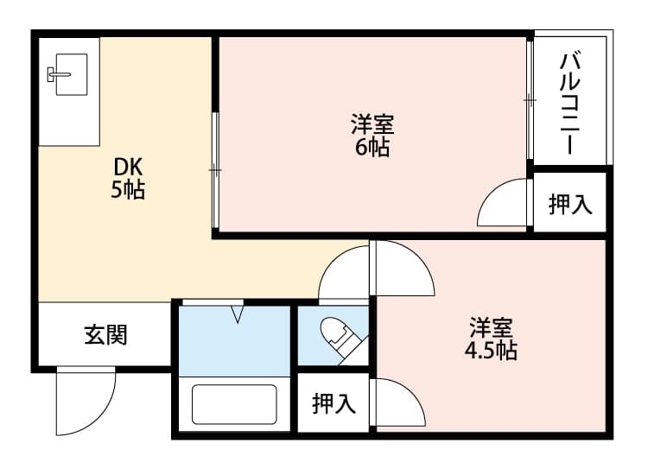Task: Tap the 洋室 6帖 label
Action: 372,136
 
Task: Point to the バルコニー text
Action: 571,104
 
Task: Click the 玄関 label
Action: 105,334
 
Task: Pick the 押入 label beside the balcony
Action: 570,204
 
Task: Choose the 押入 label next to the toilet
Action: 334,402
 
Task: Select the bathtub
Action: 233,404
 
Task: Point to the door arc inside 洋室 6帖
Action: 501,204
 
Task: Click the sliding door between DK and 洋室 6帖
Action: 215,170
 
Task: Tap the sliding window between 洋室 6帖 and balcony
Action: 529,100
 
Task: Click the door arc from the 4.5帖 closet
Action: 400,402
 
